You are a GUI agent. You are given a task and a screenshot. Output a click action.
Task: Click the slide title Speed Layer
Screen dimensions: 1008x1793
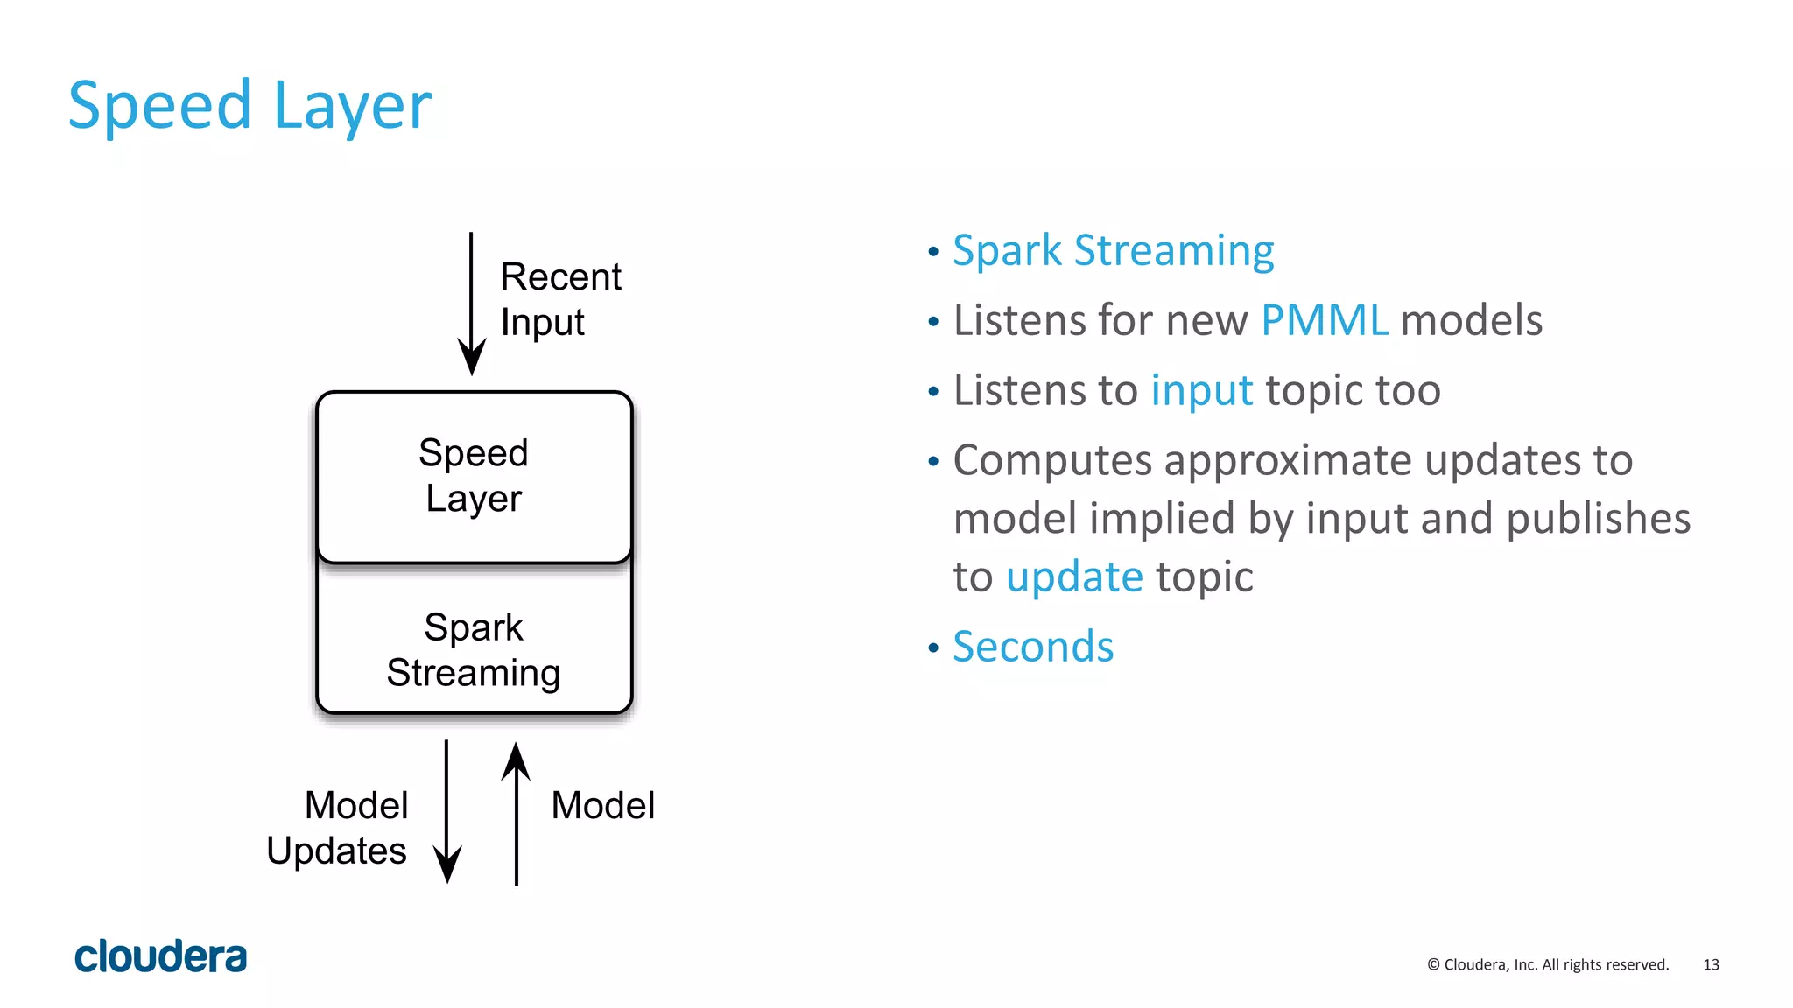point(250,106)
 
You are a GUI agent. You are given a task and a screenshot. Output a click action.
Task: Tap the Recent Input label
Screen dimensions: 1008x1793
point(560,299)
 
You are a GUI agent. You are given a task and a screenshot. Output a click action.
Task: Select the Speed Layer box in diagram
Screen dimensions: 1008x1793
point(474,477)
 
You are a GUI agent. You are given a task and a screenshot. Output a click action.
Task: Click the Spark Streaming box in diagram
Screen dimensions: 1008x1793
point(474,649)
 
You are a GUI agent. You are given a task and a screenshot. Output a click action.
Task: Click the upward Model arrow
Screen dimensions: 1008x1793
point(517,814)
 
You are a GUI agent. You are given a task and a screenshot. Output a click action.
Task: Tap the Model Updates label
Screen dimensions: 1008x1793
point(337,828)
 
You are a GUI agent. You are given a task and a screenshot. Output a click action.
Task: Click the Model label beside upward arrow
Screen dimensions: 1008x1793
point(602,805)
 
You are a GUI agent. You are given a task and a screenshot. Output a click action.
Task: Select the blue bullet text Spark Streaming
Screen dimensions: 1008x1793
point(1113,250)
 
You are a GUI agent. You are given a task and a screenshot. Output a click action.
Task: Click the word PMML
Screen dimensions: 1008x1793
point(1324,320)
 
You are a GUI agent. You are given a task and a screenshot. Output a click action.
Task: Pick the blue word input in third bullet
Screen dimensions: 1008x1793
point(1201,390)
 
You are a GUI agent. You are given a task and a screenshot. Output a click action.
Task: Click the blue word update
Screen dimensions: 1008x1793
point(1074,577)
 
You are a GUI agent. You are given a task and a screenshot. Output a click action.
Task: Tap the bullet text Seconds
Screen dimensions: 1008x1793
point(1033,647)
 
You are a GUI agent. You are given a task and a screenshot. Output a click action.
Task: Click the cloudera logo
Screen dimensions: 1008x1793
point(161,956)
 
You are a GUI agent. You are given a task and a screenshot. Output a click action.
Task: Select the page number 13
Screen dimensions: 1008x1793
point(1711,964)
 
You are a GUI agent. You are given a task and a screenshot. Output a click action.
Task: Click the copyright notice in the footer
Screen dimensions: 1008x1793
point(1548,964)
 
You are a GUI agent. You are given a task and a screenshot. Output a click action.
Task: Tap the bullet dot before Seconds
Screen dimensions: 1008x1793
point(933,648)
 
